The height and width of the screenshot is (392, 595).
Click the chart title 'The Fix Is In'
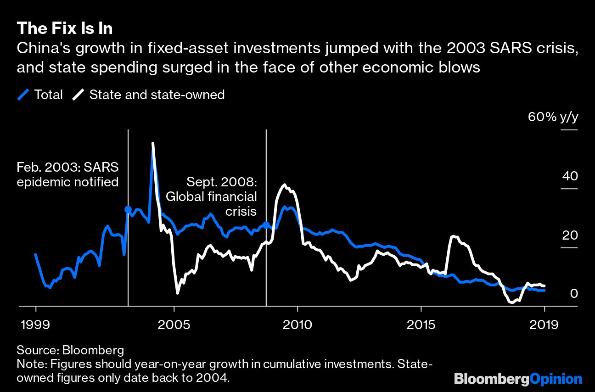(x=65, y=28)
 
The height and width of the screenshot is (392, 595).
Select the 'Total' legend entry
(x=40, y=95)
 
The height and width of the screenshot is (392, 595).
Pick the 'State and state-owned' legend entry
(x=149, y=95)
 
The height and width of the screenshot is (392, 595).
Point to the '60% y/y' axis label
(x=553, y=117)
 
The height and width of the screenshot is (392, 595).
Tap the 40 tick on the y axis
(x=568, y=176)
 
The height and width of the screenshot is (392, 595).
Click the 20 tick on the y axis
(x=568, y=235)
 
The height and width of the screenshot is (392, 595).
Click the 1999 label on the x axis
(x=36, y=325)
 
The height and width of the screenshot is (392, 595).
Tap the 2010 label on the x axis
(x=297, y=325)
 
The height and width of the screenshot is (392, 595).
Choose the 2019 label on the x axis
(x=544, y=325)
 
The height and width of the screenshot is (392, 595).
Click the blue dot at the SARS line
(x=128, y=210)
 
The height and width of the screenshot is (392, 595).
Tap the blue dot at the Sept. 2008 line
(x=266, y=225)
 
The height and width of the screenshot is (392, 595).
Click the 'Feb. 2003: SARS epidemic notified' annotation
(x=67, y=174)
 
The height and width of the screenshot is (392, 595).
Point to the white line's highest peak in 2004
(x=152, y=144)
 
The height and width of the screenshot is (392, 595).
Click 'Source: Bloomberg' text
(x=70, y=350)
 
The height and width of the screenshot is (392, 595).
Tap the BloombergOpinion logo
(x=518, y=379)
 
